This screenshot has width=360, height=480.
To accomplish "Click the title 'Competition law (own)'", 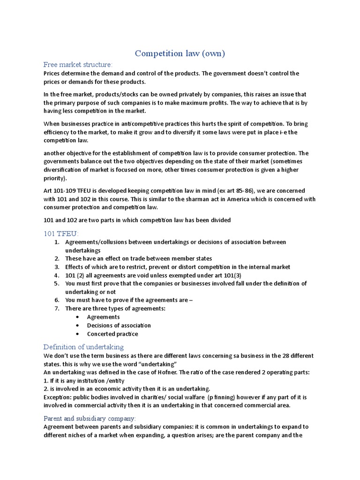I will pos(180,53).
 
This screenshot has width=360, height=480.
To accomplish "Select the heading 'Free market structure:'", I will pos(78,65).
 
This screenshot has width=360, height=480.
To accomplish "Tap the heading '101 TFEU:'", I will pos(61,233).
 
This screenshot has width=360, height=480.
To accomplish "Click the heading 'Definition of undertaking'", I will pos(83,347).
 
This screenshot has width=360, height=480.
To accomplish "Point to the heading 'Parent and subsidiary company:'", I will pos(90,418).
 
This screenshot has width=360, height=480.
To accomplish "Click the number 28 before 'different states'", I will pos(279,356).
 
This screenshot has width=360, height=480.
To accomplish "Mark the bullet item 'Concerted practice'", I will pos(112,334).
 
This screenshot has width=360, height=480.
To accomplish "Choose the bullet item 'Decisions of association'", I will pos(119,325).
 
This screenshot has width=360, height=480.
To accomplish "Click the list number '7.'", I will pos(57,308).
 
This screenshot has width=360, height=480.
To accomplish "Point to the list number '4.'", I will pos(57,275).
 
